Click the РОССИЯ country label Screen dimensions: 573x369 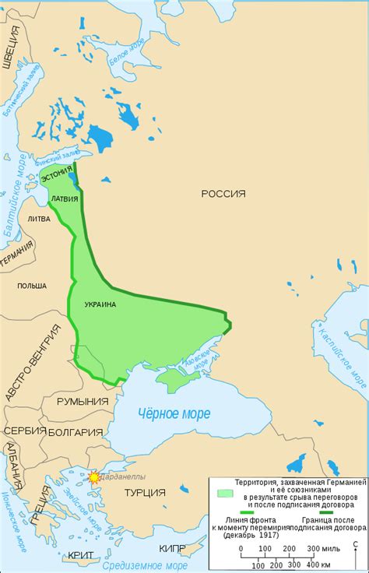tap(223, 194)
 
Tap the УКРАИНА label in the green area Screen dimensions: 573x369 tap(97, 304)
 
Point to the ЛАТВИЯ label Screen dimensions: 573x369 tap(64, 199)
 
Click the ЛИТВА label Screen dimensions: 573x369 tap(38, 220)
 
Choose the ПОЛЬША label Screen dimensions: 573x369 tap(31, 286)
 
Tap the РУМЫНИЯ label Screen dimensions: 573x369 tap(82, 401)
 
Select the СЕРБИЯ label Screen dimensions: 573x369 tap(20, 431)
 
